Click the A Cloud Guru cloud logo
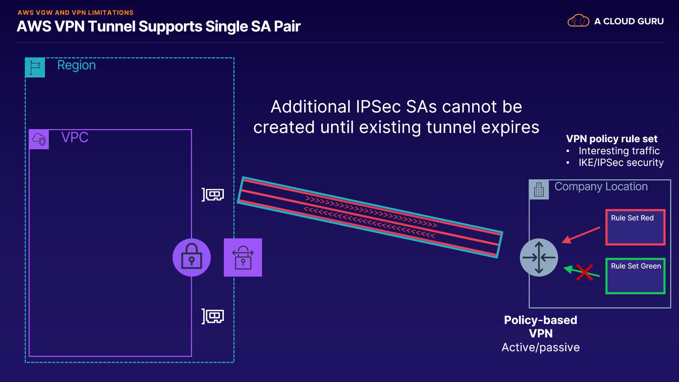point(578,21)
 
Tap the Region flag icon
point(35,67)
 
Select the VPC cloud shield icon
point(39,139)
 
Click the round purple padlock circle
point(192,257)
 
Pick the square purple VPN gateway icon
point(243,257)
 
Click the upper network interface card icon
point(213,195)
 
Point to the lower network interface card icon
point(213,316)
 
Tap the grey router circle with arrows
point(539,257)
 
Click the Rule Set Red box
point(635,227)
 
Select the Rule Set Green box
point(635,276)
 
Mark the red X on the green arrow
point(584,272)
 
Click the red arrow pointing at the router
point(581,235)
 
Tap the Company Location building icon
point(539,190)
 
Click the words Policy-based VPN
point(540,326)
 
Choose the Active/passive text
point(540,347)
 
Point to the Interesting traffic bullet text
point(619,151)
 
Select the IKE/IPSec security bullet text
point(621,163)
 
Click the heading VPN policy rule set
point(611,139)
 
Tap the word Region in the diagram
point(76,65)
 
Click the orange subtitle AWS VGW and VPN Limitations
point(75,13)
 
